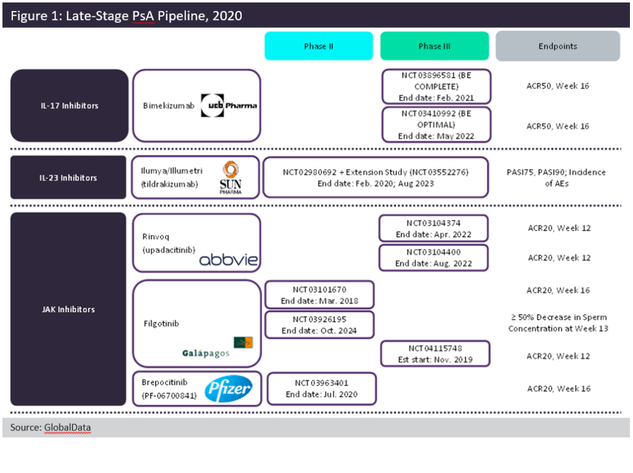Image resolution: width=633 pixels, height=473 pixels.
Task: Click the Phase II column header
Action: click(318, 46)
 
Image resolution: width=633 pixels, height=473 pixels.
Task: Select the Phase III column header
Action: click(434, 46)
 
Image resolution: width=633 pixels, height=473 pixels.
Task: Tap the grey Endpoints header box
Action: click(558, 46)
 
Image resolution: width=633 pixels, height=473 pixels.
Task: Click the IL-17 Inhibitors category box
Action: click(69, 106)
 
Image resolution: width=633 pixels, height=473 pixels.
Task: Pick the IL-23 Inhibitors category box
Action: click(69, 178)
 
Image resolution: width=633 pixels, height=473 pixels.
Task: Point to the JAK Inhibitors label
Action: click(69, 309)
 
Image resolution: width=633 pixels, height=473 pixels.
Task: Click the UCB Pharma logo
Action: click(229, 106)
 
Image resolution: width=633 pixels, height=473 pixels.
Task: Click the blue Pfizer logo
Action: click(228, 389)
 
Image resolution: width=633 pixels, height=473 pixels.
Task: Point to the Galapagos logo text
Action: click(206, 354)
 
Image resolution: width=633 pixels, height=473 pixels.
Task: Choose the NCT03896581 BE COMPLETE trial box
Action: click(436, 86)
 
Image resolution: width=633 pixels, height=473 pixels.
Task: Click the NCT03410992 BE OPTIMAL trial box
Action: click(436, 126)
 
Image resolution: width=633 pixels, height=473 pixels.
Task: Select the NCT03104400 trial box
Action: click(433, 258)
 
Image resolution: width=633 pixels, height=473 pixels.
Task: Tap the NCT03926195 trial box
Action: click(320, 325)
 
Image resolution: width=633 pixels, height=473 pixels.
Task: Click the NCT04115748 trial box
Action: click(435, 354)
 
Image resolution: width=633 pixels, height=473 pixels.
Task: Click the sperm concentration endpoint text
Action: click(558, 323)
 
